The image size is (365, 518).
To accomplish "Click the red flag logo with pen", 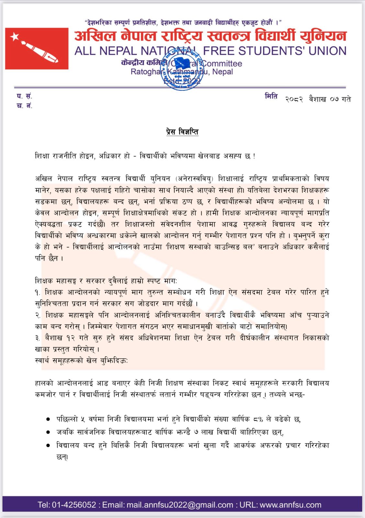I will click(x=37, y=48).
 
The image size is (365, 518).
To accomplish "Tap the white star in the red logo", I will click(x=15, y=37).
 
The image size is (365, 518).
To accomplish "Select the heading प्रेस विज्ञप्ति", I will click(x=182, y=132).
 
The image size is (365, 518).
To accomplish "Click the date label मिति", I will click(x=271, y=96).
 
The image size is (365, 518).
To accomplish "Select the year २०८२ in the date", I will click(x=294, y=99).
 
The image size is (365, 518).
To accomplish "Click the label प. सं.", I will click(x=24, y=96).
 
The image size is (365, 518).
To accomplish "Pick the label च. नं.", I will click(x=24, y=106).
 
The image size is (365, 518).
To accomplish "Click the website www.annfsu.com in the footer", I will click(x=291, y=505).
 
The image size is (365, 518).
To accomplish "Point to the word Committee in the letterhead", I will click(x=222, y=63).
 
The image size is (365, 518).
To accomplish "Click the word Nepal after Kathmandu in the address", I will click(x=222, y=72).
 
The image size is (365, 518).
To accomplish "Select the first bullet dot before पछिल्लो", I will click(x=48, y=419).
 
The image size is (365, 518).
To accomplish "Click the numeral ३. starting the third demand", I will click(x=38, y=338).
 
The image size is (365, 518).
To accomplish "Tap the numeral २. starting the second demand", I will click(x=38, y=315).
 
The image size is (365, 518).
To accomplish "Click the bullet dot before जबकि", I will click(x=48, y=432).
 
